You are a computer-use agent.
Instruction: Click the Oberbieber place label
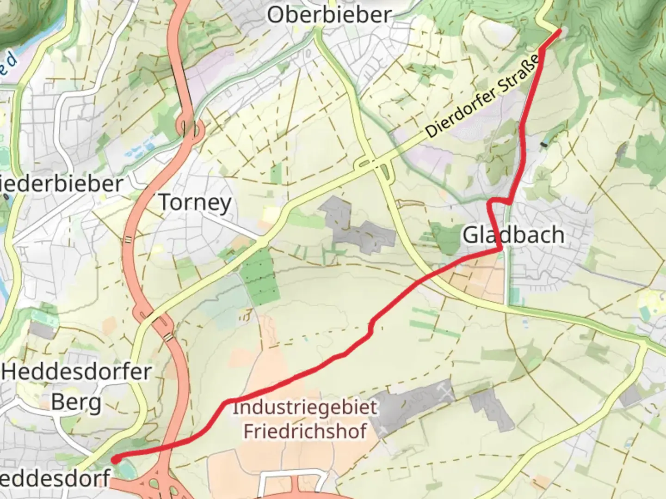pos(329,15)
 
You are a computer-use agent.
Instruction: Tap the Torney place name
pos(195,203)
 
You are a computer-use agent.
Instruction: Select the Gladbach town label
pos(513,235)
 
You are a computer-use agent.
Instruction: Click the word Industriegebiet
pos(305,408)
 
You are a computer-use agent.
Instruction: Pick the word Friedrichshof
pos(305,431)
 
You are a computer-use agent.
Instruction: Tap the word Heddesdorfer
pos(77,372)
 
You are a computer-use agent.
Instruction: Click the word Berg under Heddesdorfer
pos(76,402)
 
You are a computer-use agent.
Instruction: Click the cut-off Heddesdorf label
pos(55,478)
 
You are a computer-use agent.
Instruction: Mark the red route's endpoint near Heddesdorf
pos(115,459)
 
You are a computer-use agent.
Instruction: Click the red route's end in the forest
pos(560,31)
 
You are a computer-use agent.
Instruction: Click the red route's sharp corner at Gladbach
pos(500,250)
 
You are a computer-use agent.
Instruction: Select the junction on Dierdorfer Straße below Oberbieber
pos(375,164)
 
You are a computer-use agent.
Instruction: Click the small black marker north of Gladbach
pos(544,145)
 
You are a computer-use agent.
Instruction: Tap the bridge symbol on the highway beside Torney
pos(128,239)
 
